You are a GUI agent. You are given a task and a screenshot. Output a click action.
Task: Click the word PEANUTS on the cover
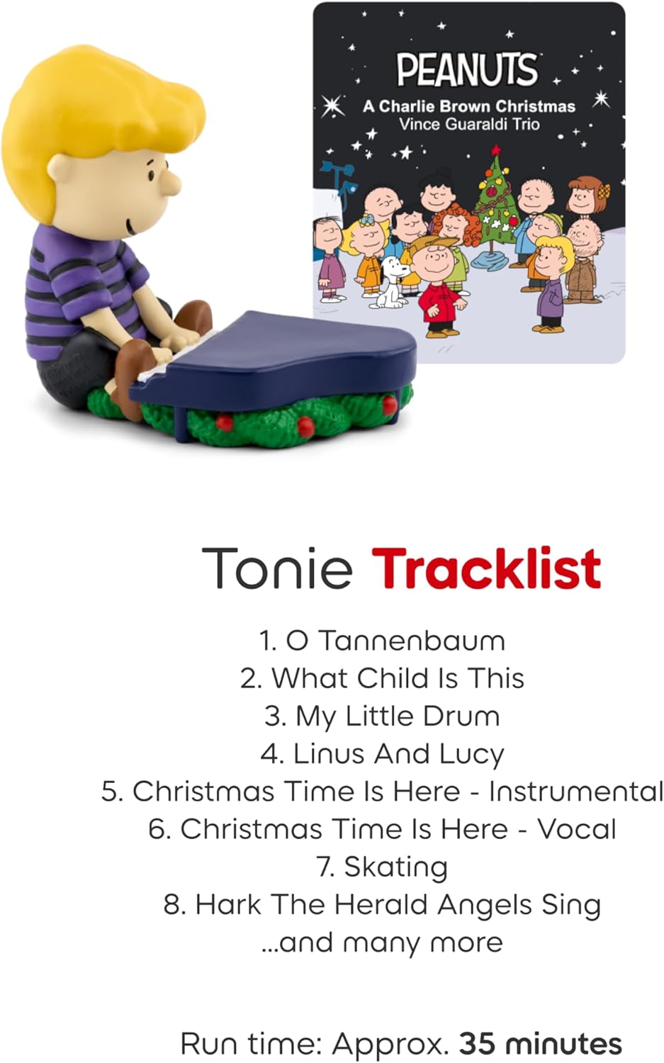467,69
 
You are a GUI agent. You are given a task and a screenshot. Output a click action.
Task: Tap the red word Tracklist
486,568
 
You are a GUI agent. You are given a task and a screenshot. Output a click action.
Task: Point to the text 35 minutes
541,1044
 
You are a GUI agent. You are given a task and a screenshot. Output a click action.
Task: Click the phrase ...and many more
383,943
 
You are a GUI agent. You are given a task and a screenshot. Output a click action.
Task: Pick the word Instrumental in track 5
575,792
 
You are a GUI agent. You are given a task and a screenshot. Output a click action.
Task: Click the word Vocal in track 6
576,829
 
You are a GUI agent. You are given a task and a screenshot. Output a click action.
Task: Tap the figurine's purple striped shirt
78,283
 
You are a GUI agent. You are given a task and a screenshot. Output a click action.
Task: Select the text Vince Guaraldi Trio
468,124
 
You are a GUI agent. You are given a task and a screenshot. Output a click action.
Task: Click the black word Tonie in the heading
277,568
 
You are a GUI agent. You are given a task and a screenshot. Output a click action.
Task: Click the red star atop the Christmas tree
496,150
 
